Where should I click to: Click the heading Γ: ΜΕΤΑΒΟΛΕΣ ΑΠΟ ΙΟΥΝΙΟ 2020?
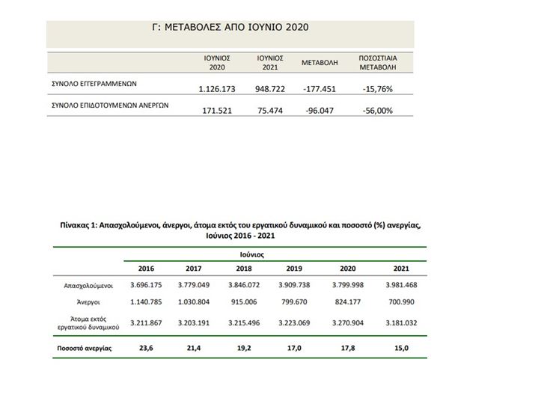(230, 28)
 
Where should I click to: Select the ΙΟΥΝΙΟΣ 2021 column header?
(269, 63)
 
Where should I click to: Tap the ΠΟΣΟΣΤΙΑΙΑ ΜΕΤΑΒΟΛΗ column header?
(376, 63)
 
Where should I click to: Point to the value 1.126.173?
(217, 89)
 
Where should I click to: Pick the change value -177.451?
(320, 89)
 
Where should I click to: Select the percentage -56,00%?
(376, 111)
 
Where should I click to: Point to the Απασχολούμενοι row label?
(89, 286)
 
